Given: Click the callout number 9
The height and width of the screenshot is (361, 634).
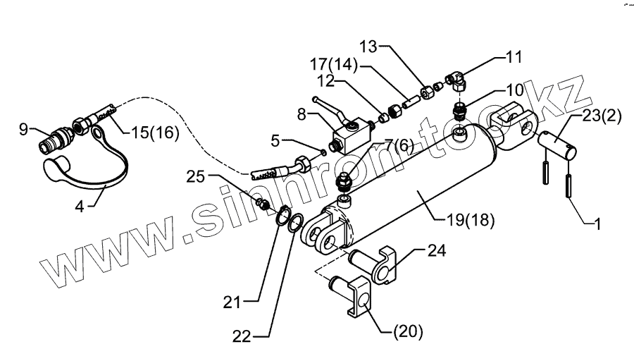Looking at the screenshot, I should point(23,129).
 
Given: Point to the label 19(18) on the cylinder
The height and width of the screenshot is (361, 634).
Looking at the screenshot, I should point(470,219).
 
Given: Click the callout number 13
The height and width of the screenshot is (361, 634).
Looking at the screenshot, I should point(373,47).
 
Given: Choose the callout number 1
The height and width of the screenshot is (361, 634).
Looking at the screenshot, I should point(597,226).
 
